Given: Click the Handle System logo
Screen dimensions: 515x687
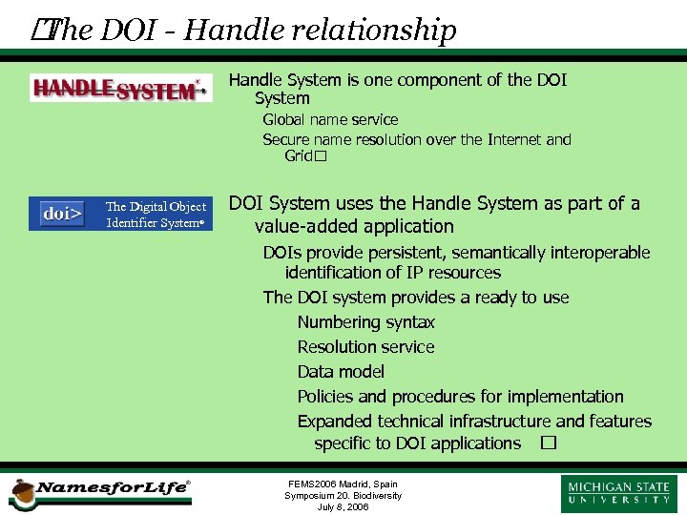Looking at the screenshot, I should [119, 89].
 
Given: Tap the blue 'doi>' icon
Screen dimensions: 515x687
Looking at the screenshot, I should [62, 214].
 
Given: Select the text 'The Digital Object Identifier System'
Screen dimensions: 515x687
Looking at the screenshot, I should [156, 215].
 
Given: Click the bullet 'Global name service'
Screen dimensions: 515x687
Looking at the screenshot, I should [330, 119].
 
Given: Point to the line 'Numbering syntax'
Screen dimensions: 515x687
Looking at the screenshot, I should [365, 322].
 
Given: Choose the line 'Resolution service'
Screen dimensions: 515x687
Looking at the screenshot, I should [365, 347].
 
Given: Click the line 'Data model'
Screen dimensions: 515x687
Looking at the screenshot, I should [341, 372].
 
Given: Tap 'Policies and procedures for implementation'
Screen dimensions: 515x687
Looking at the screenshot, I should [460, 397].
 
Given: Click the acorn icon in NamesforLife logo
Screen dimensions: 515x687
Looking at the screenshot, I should [20, 494].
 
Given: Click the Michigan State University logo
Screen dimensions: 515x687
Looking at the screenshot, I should [619, 493].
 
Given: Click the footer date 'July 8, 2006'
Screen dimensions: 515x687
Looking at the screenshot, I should [343, 507].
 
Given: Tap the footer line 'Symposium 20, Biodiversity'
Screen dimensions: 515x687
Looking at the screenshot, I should [343, 495].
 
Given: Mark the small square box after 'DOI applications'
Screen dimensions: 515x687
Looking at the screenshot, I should [547, 443].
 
